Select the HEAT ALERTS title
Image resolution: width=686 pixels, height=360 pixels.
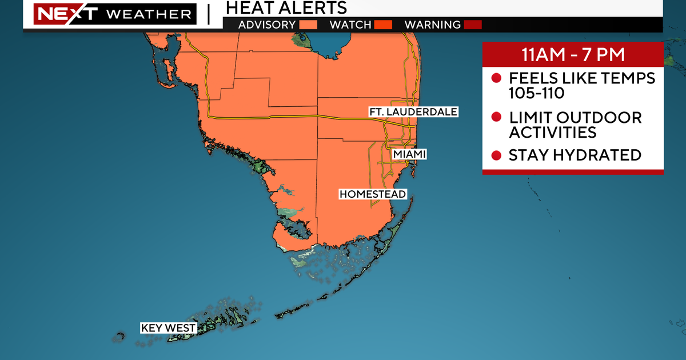tap(286, 7)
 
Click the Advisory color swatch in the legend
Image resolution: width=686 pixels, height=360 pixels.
tap(309, 25)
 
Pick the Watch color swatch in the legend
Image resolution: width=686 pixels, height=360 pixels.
tap(382, 25)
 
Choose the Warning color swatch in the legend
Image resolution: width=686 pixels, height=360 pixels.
tap(473, 25)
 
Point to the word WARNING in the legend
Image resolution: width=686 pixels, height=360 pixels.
tap(432, 25)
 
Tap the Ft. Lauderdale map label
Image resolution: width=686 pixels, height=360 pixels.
tap(413, 112)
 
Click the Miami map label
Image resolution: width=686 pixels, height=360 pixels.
tap(409, 155)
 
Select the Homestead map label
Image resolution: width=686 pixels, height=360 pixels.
tap(372, 194)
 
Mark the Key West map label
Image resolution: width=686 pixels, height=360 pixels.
tap(169, 328)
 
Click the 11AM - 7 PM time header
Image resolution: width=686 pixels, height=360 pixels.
tap(572, 56)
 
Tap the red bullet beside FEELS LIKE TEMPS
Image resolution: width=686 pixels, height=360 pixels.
tap(496, 78)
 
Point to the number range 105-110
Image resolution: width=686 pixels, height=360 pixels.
tap(536, 93)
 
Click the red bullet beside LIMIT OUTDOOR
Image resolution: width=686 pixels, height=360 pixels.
tap(496, 118)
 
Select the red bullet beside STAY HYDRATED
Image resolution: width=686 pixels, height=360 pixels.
tap(496, 155)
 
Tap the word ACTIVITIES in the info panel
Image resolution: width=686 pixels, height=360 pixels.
tap(552, 133)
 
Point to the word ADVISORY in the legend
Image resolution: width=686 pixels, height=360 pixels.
tap(267, 25)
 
